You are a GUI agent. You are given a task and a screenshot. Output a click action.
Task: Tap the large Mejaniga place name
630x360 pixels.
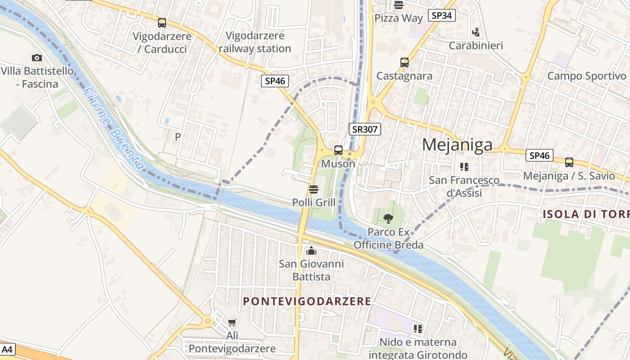(457, 145)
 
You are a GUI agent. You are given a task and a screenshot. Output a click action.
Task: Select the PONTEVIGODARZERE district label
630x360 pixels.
(307, 301)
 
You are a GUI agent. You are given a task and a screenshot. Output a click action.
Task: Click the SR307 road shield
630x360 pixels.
(365, 130)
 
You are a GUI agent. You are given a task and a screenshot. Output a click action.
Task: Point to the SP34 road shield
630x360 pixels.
(441, 16)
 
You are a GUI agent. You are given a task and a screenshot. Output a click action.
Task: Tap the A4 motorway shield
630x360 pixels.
(8, 349)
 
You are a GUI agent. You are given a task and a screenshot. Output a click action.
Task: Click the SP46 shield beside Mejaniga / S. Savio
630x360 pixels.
(539, 156)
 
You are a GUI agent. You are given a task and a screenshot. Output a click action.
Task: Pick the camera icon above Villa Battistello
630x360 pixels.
(37, 58)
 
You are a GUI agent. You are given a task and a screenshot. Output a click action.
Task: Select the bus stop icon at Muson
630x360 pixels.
(338, 150)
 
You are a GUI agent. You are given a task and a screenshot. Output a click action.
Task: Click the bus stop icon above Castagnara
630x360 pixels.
(404, 63)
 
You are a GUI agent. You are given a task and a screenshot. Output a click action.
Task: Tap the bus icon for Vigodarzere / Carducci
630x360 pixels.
(162, 22)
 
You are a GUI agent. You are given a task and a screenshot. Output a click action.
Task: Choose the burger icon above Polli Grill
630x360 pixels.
(314, 189)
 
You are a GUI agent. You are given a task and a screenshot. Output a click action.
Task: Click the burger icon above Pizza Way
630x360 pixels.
(398, 5)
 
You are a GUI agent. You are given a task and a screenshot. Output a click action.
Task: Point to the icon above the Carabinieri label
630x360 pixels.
(476, 32)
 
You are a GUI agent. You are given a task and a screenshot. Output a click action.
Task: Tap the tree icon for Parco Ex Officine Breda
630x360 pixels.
(388, 219)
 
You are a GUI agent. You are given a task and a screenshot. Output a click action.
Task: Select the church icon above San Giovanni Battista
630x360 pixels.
(311, 251)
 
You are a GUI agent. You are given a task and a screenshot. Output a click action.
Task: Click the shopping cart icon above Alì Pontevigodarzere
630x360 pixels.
(232, 322)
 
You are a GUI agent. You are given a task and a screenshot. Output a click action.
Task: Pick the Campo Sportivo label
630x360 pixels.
(586, 76)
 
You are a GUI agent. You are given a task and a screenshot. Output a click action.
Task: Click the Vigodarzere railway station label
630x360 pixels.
(255, 42)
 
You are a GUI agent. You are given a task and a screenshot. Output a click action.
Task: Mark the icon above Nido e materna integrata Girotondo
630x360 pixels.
(418, 329)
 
